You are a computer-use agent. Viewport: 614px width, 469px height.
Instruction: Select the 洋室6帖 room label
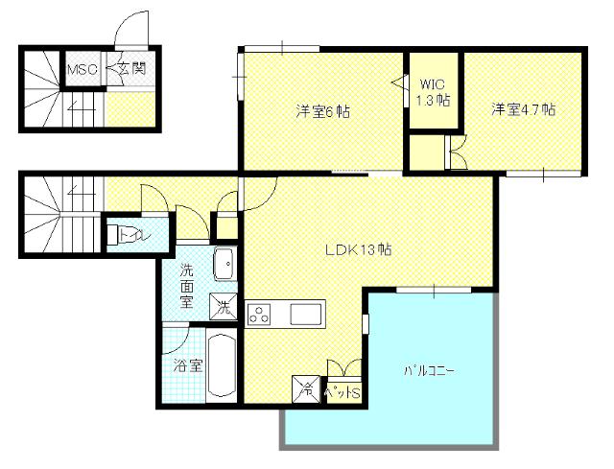[x=322, y=111]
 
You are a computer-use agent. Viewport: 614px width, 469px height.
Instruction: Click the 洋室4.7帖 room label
[x=524, y=109]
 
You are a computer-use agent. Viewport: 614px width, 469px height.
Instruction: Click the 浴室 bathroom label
[x=187, y=365]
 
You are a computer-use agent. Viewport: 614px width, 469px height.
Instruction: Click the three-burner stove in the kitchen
[x=261, y=314]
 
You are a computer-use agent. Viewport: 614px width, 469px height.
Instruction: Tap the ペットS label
[x=342, y=391]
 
